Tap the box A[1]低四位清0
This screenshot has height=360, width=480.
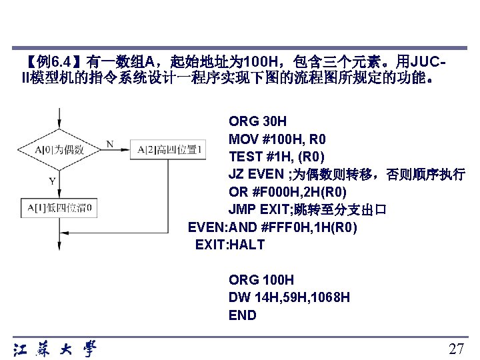59,207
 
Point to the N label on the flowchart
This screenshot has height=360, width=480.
109,143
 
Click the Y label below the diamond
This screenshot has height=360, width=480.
52,180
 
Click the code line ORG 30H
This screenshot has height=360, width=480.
257,121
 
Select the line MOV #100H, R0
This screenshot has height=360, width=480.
277,139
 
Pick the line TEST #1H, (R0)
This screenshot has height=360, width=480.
277,157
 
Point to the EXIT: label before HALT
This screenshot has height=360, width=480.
212,245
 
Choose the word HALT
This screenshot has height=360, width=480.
247,245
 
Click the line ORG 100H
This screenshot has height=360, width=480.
261,280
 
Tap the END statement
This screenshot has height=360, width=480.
243,315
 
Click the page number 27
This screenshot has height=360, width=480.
456,349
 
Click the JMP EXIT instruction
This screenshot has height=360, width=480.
257,211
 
